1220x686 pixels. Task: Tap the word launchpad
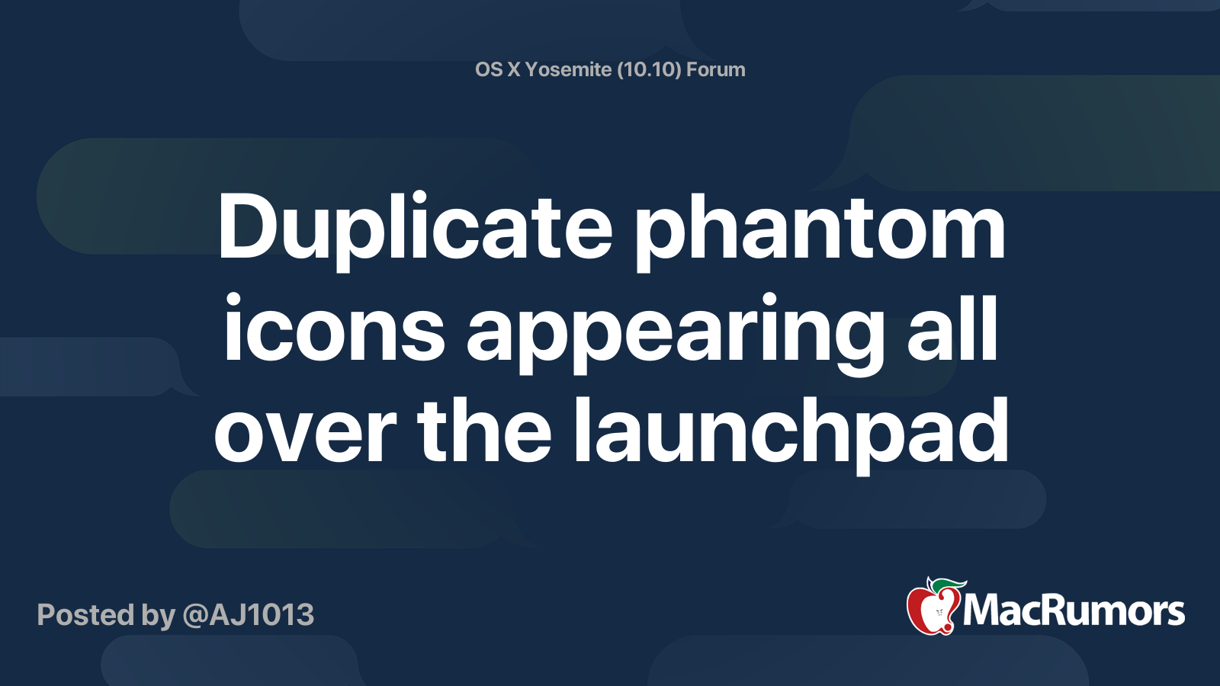pyautogui.click(x=790, y=435)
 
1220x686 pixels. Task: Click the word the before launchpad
pyautogui.click(x=485, y=430)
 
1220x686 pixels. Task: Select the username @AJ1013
pyautogui.click(x=249, y=615)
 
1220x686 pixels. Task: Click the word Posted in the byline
pyautogui.click(x=85, y=615)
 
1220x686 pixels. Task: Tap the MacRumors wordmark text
pyautogui.click(x=1074, y=611)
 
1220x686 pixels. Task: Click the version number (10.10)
pyautogui.click(x=649, y=69)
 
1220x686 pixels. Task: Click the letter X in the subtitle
pyautogui.click(x=514, y=69)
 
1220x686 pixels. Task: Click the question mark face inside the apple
pyautogui.click(x=939, y=613)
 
